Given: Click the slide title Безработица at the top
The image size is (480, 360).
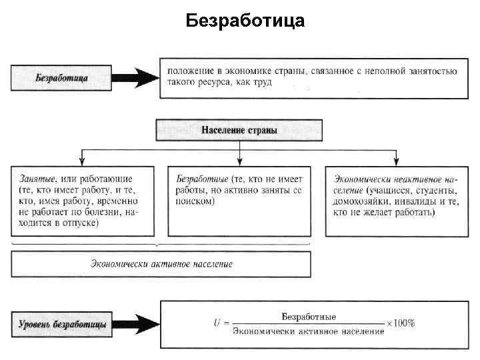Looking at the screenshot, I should point(245,21).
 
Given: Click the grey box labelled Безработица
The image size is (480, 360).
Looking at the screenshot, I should point(62,77).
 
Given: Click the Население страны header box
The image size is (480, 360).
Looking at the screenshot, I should point(239,130).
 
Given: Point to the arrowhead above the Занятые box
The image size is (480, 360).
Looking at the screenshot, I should point(81,161).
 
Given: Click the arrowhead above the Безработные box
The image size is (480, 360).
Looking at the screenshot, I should point(239,161).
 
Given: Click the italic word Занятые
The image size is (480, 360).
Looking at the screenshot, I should point(38,179).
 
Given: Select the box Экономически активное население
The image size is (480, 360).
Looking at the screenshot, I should point(161,264).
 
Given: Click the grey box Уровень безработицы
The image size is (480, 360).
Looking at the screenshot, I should point(62,324).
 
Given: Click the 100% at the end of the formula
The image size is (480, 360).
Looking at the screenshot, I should point(404,323).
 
